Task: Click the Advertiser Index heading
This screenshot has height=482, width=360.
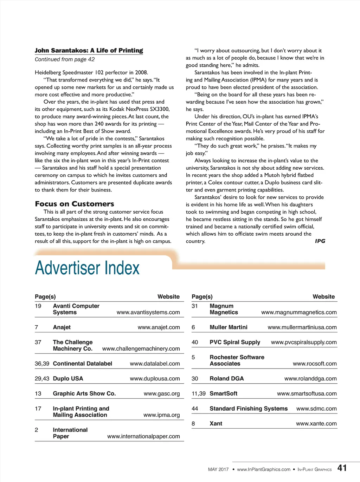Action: pyautogui.click(x=87, y=268)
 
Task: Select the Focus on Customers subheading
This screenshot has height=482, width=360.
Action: pyautogui.click(x=75, y=204)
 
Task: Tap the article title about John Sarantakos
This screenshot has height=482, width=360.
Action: pyautogui.click(x=89, y=51)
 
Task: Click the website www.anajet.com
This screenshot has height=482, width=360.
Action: pyautogui.click(x=159, y=327)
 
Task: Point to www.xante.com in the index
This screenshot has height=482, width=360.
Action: pyautogui.click(x=316, y=424)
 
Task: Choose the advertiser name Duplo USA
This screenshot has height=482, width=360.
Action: pyautogui.click(x=68, y=379)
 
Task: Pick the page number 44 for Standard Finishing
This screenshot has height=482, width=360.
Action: pyautogui.click(x=195, y=409)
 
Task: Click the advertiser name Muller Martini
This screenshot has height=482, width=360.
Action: pyautogui.click(x=229, y=327)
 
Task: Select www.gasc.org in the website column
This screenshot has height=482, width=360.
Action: pyautogui.click(x=162, y=394)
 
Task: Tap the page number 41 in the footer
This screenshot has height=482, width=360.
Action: pyautogui.click(x=342, y=468)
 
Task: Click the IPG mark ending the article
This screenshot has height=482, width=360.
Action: pyautogui.click(x=320, y=241)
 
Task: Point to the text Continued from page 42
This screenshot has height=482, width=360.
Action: pyautogui.click(x=65, y=59)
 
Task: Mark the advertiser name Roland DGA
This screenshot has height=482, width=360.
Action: pyautogui.click(x=226, y=379)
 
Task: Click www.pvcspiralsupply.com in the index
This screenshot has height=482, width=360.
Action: pyautogui.click(x=304, y=343)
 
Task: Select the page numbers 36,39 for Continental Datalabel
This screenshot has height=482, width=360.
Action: pyautogui.click(x=42, y=364)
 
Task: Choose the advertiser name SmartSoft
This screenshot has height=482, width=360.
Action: pyautogui.click(x=223, y=394)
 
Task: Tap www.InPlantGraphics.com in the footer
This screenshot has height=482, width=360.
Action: pyautogui.click(x=264, y=470)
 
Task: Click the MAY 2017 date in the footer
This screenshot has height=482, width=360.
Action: pyautogui.click(x=218, y=470)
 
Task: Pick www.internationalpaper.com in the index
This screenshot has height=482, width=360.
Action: pyautogui.click(x=143, y=437)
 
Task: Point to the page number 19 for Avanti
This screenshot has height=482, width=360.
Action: pyautogui.click(x=38, y=306)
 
